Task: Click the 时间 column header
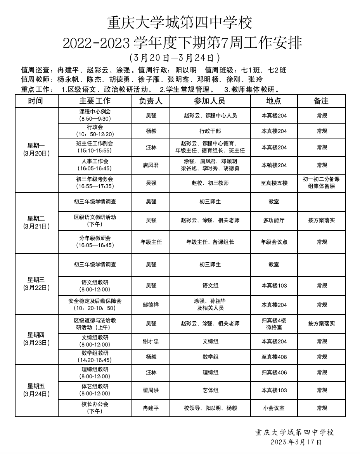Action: (x=36, y=101)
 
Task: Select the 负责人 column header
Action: (x=151, y=101)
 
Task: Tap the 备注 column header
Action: (x=321, y=101)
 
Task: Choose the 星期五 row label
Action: (x=36, y=390)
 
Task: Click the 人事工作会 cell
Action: (x=95, y=165)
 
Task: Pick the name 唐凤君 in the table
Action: (x=151, y=165)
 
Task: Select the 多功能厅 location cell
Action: (x=273, y=220)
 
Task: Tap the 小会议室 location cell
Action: (x=273, y=408)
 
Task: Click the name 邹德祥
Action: (x=151, y=305)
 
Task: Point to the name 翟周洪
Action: (x=151, y=390)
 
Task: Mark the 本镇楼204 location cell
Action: (x=274, y=165)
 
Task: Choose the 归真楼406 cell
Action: (x=274, y=373)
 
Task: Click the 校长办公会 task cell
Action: (x=95, y=407)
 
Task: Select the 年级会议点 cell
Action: (x=274, y=242)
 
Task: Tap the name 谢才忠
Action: (x=151, y=341)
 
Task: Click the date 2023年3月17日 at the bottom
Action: (x=296, y=442)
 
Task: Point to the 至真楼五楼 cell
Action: (x=274, y=183)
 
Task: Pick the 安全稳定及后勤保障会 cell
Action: (x=95, y=304)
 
